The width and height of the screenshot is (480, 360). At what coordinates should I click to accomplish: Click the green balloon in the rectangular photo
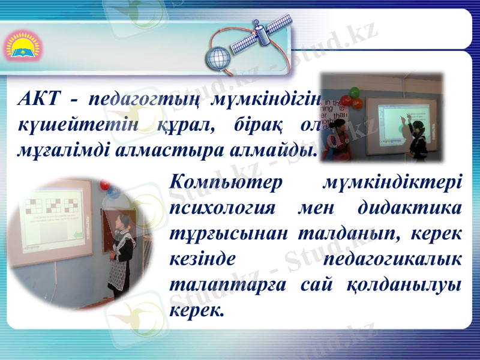click(x=355, y=92)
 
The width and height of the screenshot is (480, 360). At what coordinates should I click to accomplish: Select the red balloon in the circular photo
click(x=106, y=185)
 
